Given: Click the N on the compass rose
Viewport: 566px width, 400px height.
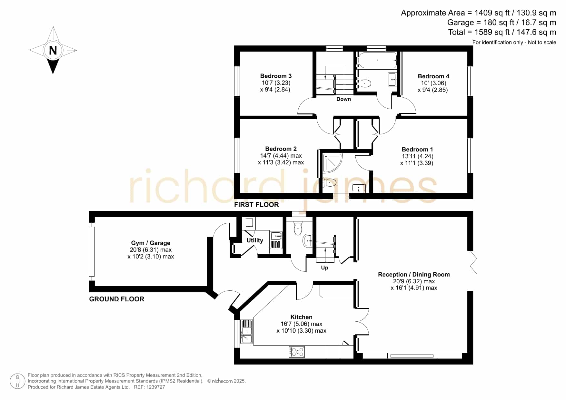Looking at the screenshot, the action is (53, 50).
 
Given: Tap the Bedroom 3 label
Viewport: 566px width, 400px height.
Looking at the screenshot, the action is (276, 76).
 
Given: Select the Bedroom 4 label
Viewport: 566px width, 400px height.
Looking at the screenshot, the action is (433, 76).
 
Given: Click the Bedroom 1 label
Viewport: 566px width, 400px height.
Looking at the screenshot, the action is (417, 150).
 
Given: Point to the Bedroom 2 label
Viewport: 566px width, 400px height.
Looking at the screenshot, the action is (281, 149).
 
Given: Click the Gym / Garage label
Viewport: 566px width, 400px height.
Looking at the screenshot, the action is (151, 243).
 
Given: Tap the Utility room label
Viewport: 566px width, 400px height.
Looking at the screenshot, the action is (255, 240).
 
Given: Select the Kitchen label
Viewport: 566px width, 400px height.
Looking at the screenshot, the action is (301, 317).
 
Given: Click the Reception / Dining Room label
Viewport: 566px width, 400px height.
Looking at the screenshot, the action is (414, 275).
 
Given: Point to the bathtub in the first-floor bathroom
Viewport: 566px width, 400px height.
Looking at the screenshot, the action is (377, 60).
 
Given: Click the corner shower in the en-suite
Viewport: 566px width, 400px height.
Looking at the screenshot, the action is (332, 163).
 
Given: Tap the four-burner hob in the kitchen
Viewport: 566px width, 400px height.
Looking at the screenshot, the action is (297, 351).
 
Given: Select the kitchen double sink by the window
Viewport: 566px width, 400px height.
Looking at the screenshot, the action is (247, 331).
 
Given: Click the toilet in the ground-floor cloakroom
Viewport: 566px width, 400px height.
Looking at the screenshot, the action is (298, 228).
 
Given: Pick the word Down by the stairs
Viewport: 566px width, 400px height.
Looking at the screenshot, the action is (343, 99).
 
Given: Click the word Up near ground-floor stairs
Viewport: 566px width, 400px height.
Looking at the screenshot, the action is (324, 268).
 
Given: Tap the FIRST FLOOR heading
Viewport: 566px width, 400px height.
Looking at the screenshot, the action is (256, 205).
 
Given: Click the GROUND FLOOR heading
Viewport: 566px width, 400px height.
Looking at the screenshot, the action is (117, 299).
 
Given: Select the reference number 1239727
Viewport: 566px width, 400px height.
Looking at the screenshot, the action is (156, 387).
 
